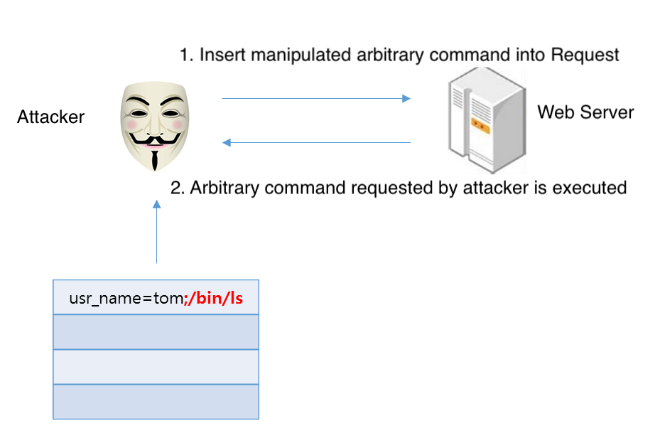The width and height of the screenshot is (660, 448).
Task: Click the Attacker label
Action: point(50,117)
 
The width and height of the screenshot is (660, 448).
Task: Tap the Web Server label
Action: point(585,112)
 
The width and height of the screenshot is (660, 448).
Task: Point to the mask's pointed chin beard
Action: point(155,159)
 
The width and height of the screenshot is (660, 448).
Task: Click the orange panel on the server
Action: point(481,127)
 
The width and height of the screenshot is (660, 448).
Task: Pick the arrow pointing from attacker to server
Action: point(316,98)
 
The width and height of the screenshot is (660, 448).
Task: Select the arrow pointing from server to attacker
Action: point(316,143)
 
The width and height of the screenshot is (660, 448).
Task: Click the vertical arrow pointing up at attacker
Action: point(156,231)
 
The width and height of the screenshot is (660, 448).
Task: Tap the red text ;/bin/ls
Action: point(213,299)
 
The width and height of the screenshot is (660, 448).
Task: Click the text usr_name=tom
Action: point(126,299)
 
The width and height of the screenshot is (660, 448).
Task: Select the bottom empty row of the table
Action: point(156,402)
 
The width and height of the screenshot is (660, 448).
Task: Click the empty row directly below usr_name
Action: point(156,332)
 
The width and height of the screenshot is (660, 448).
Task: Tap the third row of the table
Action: point(156,367)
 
